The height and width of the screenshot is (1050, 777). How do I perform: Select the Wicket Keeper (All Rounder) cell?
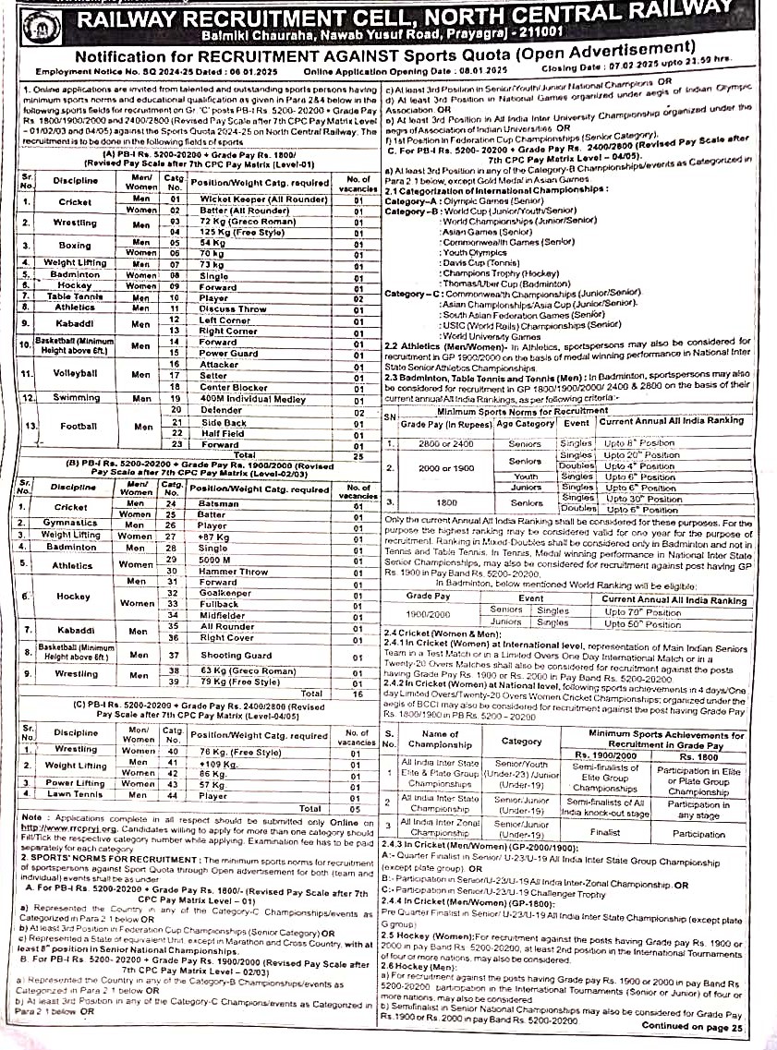tap(249, 199)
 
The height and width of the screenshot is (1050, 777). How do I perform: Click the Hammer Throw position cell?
tap(232, 572)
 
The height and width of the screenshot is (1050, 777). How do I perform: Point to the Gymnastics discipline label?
tap(70, 523)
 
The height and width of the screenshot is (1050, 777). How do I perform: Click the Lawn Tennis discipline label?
tap(73, 795)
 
